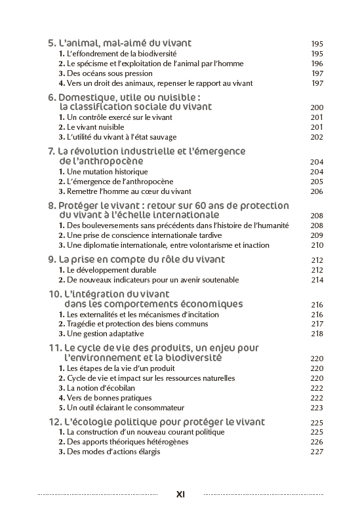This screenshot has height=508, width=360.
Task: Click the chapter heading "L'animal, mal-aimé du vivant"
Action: tap(125, 43)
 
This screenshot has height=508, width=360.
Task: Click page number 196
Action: tap(317, 64)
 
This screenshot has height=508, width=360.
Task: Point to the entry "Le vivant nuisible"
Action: tap(95, 127)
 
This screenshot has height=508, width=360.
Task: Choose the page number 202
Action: tap(317, 137)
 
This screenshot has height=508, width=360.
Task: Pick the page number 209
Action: tap(317, 235)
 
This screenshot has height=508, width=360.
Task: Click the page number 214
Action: tap(317, 280)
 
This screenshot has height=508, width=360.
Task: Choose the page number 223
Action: tap(317, 408)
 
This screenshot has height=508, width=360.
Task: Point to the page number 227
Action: tap(317, 452)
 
